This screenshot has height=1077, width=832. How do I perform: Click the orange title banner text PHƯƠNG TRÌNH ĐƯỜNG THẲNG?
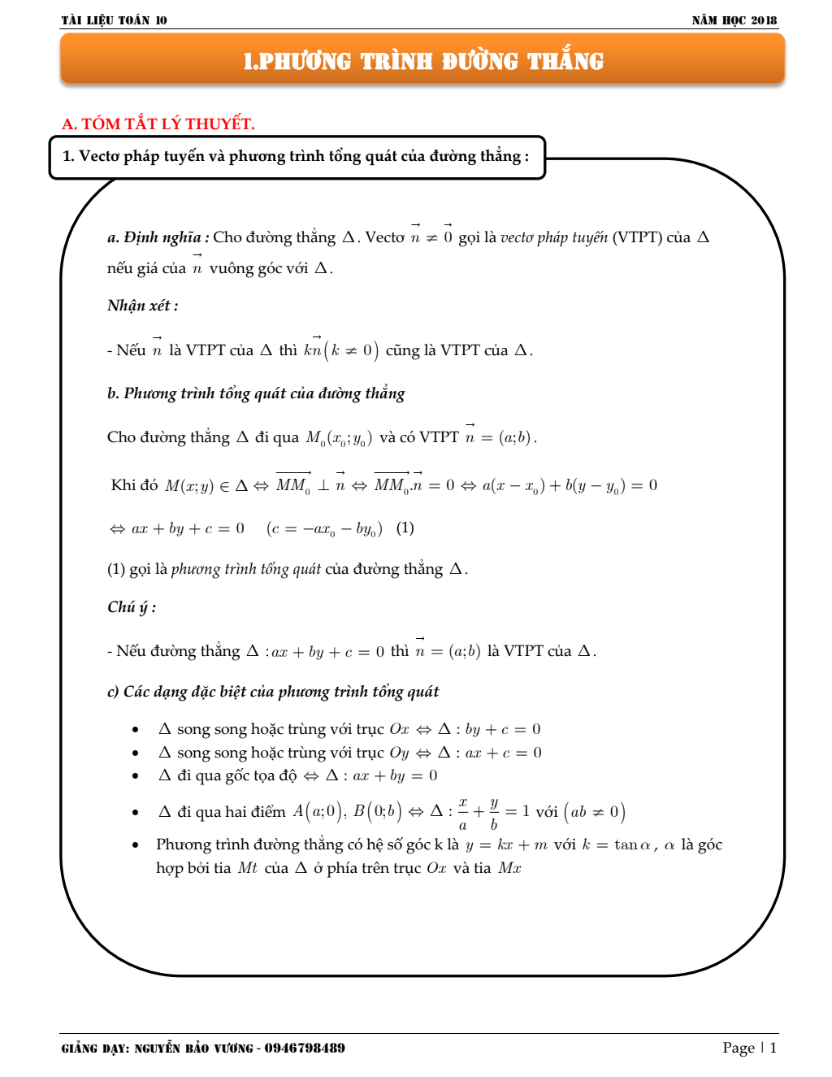423,61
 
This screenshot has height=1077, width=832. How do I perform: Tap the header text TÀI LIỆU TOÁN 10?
114,20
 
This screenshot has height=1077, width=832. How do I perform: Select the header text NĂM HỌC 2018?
734,20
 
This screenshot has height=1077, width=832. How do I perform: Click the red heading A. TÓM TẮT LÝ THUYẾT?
158,124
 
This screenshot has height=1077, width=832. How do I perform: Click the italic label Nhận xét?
142,306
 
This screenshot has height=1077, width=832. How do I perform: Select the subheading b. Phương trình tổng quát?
256,393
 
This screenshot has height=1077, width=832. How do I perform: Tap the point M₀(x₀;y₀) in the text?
339,438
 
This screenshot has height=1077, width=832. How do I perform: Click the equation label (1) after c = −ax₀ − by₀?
405,528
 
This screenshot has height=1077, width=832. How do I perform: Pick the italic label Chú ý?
131,607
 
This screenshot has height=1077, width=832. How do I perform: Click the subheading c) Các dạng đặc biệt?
273,692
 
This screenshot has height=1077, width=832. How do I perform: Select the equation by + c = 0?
502,729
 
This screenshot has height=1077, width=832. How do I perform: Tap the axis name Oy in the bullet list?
399,753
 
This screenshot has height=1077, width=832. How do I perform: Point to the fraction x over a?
463,812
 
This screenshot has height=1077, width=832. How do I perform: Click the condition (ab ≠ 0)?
594,812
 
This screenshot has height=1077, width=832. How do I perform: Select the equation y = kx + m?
506,845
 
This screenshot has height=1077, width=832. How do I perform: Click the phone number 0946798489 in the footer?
305,1048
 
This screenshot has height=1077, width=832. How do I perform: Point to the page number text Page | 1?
749,1048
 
